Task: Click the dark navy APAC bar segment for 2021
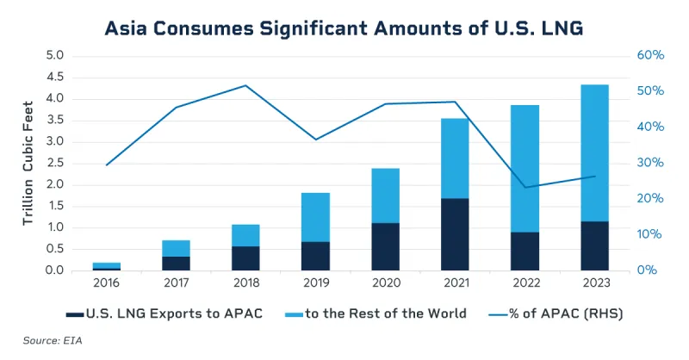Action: (454, 234)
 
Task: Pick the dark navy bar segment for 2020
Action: (384, 246)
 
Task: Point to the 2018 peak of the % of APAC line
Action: (246, 85)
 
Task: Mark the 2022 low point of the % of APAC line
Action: (525, 187)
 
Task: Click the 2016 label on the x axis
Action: (107, 283)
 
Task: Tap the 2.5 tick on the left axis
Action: (55, 163)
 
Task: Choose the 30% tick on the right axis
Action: (650, 163)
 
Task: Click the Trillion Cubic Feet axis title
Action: (28, 164)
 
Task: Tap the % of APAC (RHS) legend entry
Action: (560, 313)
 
